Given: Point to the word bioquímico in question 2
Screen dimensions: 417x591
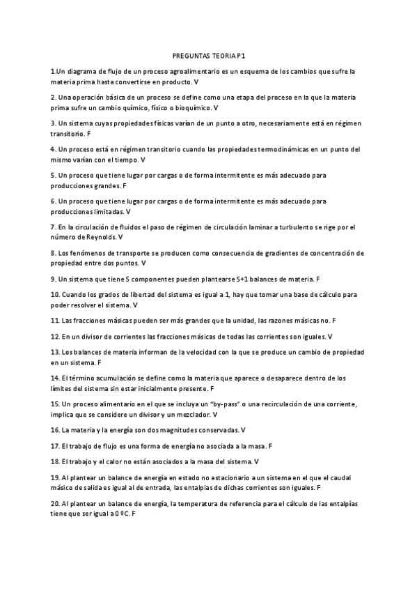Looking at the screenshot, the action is pyautogui.click(x=192, y=108).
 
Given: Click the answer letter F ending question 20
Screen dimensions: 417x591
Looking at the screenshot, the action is pyautogui.click(x=133, y=513).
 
